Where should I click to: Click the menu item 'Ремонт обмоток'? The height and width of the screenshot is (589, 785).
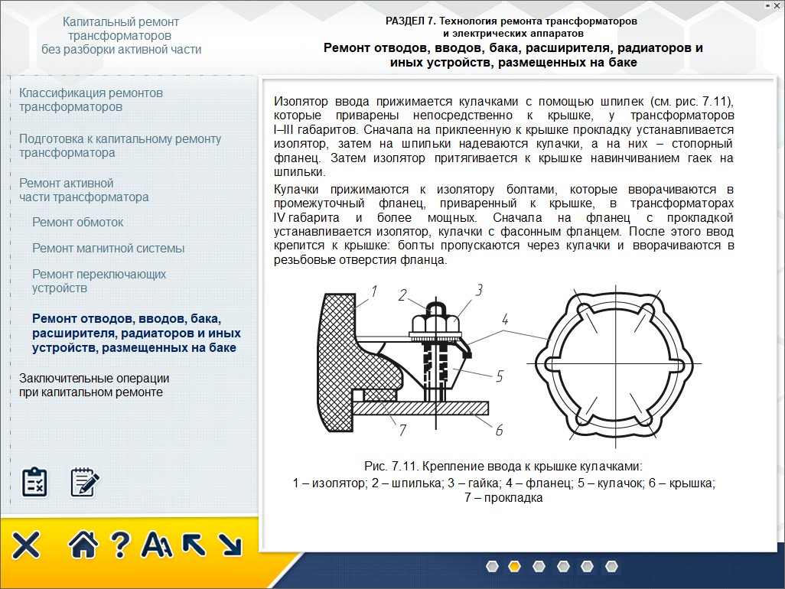point(77,223)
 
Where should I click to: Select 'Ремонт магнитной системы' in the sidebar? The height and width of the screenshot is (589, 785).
point(108,249)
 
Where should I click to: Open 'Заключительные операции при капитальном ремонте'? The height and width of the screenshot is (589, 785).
point(94,386)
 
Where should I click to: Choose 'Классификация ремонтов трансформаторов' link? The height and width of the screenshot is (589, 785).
point(90,100)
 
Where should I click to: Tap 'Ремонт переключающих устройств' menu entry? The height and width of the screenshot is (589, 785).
point(99,281)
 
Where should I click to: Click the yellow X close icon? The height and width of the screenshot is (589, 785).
point(26,545)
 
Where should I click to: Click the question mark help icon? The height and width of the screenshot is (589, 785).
point(119,545)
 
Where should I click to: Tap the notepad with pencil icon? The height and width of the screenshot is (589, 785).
point(85,482)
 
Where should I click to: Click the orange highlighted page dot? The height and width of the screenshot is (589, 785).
point(515,567)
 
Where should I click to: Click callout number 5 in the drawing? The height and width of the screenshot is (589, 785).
point(499,376)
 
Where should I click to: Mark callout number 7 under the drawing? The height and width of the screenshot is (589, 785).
point(402,431)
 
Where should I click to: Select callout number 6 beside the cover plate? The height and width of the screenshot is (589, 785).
point(499,431)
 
